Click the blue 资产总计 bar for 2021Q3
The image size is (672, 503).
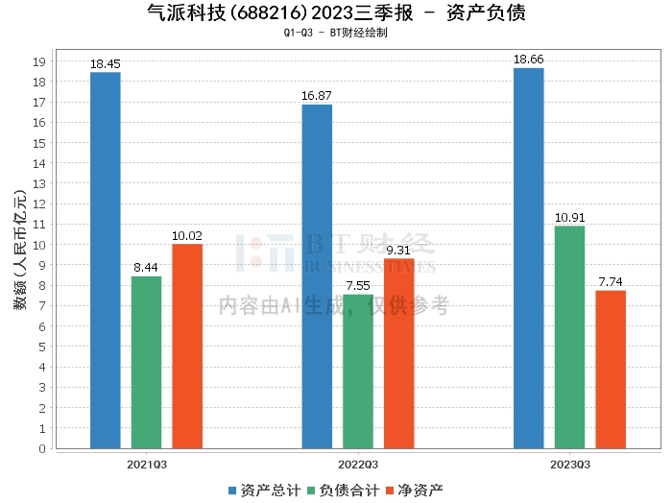click(x=106, y=260)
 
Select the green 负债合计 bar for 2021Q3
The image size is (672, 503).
click(x=147, y=363)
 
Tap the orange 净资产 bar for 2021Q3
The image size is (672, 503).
click(x=187, y=347)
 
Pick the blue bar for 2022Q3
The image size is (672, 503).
click(x=317, y=276)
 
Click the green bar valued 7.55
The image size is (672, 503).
click(x=358, y=371)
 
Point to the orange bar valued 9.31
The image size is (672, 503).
click(x=399, y=353)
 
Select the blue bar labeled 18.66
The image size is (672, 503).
click(x=529, y=258)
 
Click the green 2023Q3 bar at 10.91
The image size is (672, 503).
click(x=569, y=337)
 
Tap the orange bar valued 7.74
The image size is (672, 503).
click(x=611, y=370)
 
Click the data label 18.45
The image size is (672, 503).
click(x=106, y=64)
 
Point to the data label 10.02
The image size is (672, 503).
click(x=187, y=236)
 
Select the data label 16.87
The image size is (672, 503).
click(x=317, y=96)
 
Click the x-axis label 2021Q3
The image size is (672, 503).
click(x=147, y=465)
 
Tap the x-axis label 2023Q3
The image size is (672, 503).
click(x=570, y=465)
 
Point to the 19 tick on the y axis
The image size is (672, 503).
click(x=39, y=61)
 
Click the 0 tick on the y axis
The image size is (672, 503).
click(x=42, y=448)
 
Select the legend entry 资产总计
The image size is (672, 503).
click(x=264, y=491)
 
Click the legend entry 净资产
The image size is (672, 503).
click(x=415, y=491)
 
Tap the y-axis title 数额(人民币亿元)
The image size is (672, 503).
click(x=20, y=251)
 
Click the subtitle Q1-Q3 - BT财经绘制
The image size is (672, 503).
click(x=336, y=33)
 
